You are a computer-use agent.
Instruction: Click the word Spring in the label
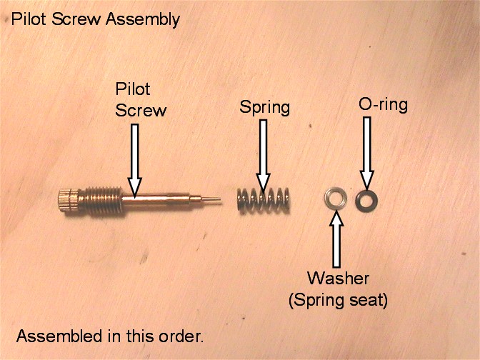pos(264,108)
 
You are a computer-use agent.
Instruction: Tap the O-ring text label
pos(382,105)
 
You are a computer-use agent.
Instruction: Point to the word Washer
pos(338,278)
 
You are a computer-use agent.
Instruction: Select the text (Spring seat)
pos(338,300)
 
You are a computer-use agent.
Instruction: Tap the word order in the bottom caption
pos(183,335)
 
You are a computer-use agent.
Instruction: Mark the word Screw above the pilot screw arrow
pos(141,111)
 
